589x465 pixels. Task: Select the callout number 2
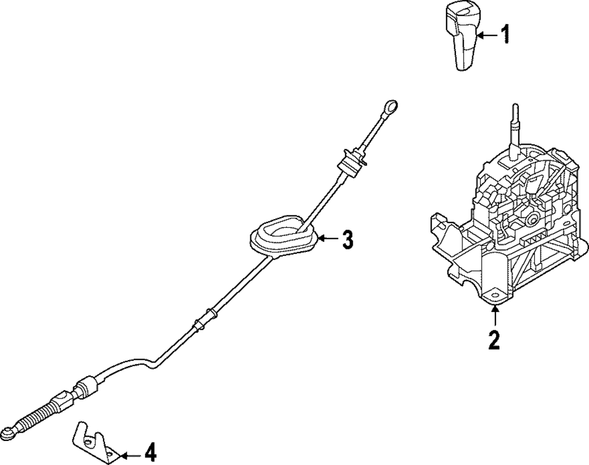coord(494,340)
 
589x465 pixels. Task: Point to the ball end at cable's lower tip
coord(8,434)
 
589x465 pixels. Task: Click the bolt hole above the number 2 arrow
coord(494,297)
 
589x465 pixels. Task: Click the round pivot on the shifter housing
coord(534,220)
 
